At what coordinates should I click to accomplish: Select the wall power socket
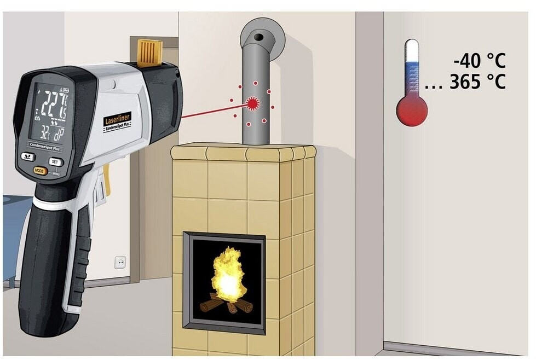[x=120, y=263]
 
